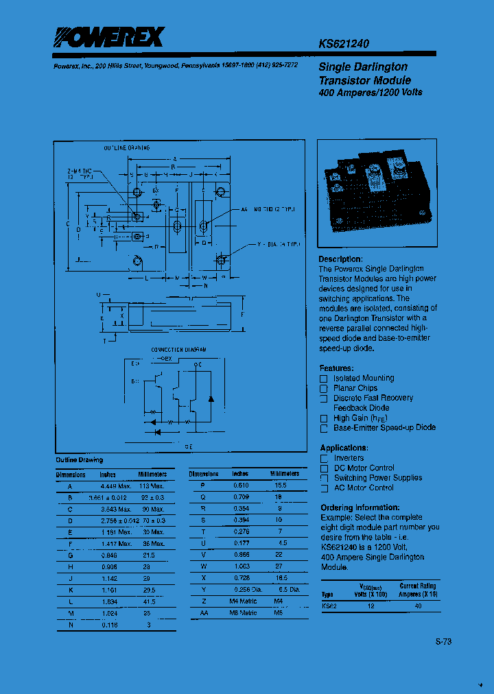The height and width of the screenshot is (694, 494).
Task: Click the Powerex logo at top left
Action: click(109, 37)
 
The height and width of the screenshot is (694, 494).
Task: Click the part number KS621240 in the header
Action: click(344, 43)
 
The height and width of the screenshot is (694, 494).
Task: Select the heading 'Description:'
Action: click(340, 259)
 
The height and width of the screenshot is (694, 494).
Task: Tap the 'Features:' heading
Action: click(337, 368)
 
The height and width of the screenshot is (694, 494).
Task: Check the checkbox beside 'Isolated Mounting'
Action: click(324, 379)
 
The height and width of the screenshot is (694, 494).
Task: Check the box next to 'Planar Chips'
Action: click(324, 389)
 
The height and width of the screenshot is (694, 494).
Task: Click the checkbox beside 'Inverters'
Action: click(325, 459)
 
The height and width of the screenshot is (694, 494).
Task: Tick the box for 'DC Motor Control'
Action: click(325, 468)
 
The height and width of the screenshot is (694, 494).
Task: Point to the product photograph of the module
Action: click(377, 194)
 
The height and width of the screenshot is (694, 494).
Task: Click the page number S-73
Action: click(444, 642)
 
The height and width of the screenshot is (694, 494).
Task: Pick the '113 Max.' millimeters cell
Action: click(152, 486)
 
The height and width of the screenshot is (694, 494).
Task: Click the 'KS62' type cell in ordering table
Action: click(329, 606)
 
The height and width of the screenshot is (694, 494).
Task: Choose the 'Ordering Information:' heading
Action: click(360, 507)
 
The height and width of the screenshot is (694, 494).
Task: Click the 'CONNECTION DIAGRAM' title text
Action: click(178, 350)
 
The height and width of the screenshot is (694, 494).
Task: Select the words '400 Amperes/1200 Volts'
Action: click(370, 93)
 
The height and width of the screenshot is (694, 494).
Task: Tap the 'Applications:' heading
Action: click(345, 448)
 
